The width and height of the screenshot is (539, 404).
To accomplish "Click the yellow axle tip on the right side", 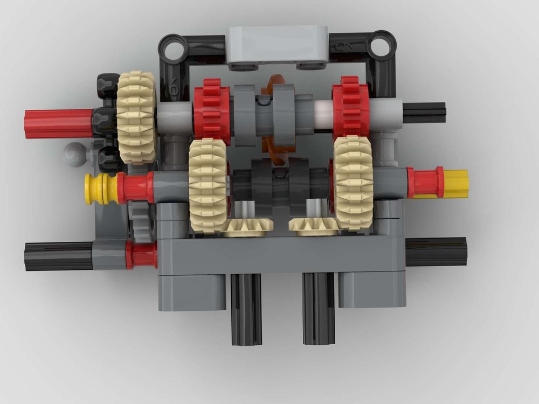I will pyautogui.click(x=456, y=183).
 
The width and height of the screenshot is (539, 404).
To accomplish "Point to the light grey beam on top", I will pyautogui.click(x=278, y=46).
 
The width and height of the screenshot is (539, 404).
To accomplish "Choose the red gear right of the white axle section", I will pyautogui.click(x=350, y=108).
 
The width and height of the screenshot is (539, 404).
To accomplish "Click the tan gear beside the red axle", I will pyautogui.click(x=136, y=117).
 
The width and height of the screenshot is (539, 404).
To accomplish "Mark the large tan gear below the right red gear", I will pyautogui.click(x=354, y=183).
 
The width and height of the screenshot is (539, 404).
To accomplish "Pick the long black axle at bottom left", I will pyautogui.click(x=58, y=255).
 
